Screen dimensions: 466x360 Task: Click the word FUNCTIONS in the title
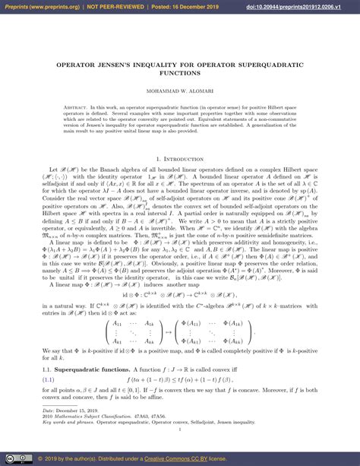click(x=180, y=74)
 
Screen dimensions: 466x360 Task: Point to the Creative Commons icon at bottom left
click(x=14, y=459)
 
